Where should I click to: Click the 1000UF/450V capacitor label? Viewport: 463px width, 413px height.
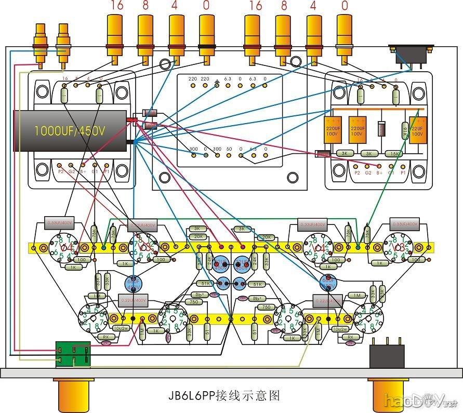pyautogui.click(x=70, y=131)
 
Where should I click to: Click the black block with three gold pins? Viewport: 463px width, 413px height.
pyautogui.click(x=387, y=356)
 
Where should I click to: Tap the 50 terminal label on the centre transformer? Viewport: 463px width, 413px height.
pyautogui.click(x=229, y=149)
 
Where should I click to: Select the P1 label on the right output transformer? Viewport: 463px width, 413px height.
pyautogui.click(x=403, y=172)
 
